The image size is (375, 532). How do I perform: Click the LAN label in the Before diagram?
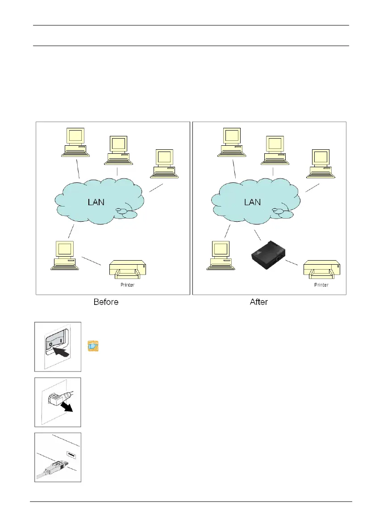tap(96, 202)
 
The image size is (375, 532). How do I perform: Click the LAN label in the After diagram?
tap(252, 202)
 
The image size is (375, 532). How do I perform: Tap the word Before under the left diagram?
tap(106, 302)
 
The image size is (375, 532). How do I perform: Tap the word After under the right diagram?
tap(258, 302)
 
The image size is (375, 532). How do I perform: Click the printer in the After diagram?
tap(321, 270)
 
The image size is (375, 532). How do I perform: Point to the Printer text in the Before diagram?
tap(127, 285)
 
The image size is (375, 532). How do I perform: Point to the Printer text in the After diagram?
tap(321, 285)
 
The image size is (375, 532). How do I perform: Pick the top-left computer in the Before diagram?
tap(75, 142)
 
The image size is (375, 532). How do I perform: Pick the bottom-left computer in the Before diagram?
tap(64, 255)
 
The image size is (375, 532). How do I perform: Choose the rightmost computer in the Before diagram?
tap(165, 164)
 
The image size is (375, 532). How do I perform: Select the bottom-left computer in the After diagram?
tap(220, 255)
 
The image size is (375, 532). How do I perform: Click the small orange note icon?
tap(93, 346)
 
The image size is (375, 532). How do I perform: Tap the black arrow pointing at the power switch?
tap(61, 354)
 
